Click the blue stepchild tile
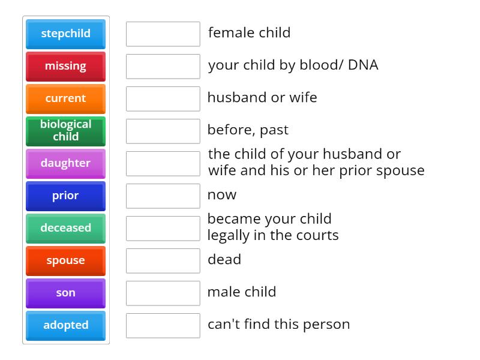point(65,34)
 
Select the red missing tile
point(65,66)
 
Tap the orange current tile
point(65,98)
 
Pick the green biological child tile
point(65,131)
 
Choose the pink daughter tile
point(65,163)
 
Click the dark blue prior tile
point(65,196)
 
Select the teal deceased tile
point(65,228)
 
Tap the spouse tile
point(65,260)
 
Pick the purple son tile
point(65,293)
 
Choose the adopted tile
point(65,325)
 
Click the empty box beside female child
point(163,34)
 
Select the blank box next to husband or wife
point(163,98)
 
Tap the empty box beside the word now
point(163,196)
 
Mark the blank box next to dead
point(163,260)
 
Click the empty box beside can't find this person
point(163,325)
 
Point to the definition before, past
point(248,130)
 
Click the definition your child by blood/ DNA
point(293,65)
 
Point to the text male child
point(242,292)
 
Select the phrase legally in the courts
point(273,235)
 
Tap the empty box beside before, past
point(163,131)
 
